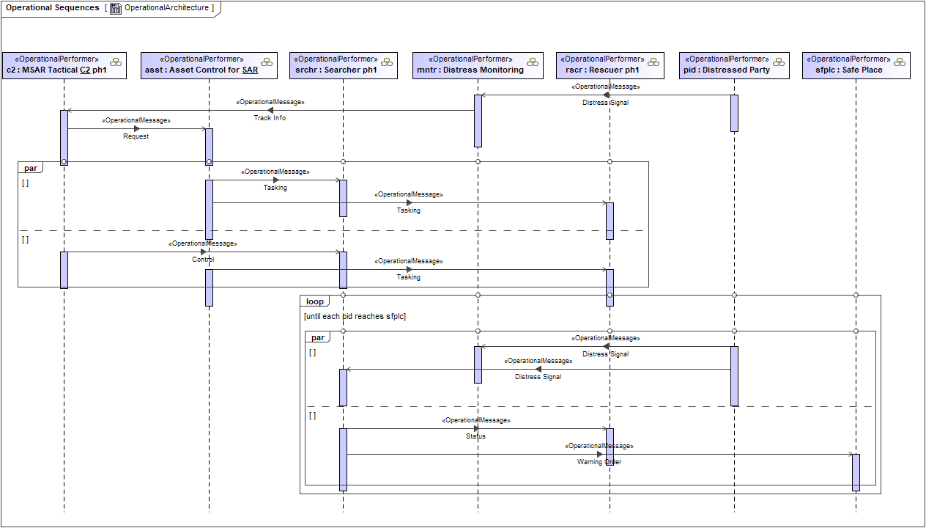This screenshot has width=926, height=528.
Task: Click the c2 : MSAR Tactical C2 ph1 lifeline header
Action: coord(64,65)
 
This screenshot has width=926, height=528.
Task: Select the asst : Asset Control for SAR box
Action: coord(209,65)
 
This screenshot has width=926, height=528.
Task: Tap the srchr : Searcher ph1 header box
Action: coord(343,65)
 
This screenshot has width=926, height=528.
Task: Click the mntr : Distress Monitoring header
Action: coord(478,65)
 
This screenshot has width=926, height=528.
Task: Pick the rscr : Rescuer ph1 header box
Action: coord(610,65)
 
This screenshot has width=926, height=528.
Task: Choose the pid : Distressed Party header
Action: coord(734,65)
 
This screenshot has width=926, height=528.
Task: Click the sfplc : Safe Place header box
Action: coord(856,65)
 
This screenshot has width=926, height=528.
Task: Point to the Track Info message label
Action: coord(270,118)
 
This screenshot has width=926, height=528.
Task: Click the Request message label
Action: coord(136,136)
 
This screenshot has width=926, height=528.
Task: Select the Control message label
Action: coord(203,260)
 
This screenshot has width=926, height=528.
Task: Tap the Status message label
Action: coord(475,436)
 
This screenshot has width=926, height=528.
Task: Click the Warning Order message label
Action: coord(599,462)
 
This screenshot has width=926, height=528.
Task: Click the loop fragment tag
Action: coord(314,301)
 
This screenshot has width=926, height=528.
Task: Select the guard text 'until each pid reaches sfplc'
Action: coord(355,317)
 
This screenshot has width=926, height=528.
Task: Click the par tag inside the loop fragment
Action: coord(318,337)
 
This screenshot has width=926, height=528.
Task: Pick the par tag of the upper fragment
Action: coord(30,168)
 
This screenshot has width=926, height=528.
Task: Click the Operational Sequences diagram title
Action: coord(52,8)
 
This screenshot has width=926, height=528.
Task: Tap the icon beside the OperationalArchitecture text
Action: coord(116,8)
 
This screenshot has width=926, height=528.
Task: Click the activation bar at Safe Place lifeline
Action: coord(856,472)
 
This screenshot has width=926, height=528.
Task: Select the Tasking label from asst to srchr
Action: coord(275,188)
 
